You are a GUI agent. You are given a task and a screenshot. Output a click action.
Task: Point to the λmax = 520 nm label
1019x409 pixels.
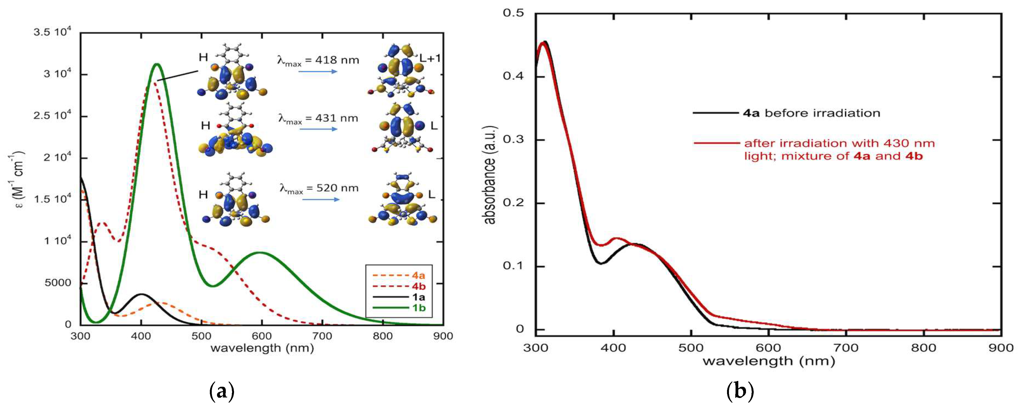point(319,189)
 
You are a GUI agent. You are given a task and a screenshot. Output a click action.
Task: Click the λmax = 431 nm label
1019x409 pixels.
point(318,119)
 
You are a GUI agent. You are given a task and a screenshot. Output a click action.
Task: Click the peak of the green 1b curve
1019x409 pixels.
point(157,64)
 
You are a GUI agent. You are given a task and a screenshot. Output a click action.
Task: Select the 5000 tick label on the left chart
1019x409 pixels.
point(58,283)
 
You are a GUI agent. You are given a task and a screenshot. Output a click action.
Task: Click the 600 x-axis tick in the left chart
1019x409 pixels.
point(261,336)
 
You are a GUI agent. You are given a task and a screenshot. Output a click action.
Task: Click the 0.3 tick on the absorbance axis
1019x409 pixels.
point(513,140)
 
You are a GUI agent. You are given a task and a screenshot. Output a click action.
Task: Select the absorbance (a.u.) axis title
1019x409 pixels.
point(490,175)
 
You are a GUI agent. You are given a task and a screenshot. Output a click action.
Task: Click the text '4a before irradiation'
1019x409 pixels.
point(811,113)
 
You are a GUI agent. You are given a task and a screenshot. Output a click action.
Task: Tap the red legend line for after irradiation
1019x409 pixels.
point(716,143)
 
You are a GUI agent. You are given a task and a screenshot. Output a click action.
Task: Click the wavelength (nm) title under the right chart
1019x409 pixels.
point(768,361)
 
